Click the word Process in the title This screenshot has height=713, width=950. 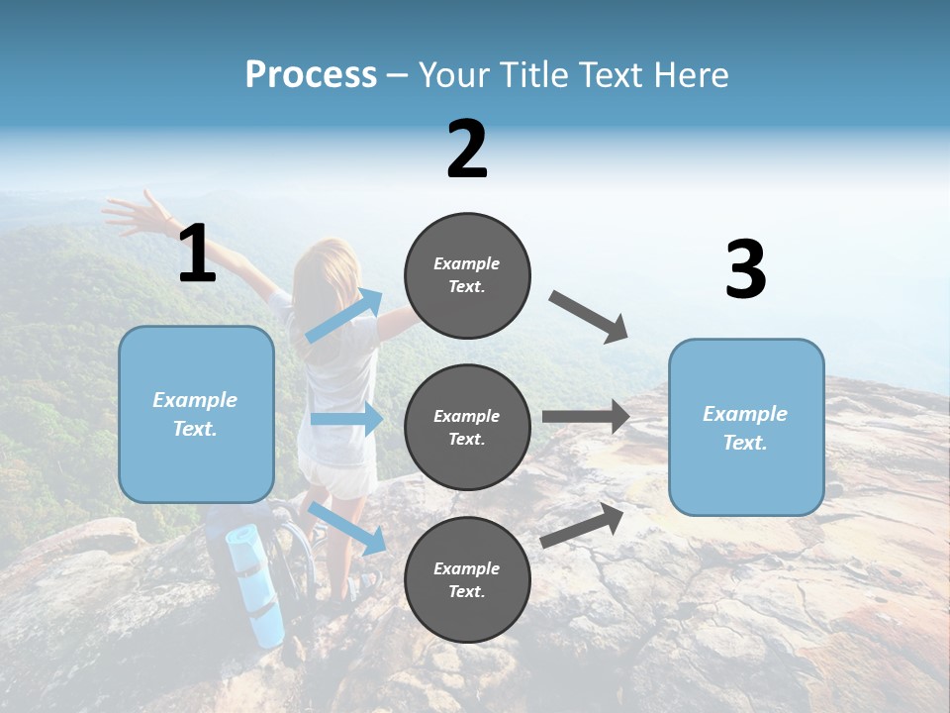pyautogui.click(x=311, y=74)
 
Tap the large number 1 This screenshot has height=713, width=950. pyautogui.click(x=197, y=255)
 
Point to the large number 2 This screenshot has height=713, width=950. pyautogui.click(x=467, y=150)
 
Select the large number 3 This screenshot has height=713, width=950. pyautogui.click(x=745, y=270)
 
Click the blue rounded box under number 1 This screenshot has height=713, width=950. pyautogui.click(x=196, y=414)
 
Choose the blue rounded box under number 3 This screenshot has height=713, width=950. pyautogui.click(x=746, y=427)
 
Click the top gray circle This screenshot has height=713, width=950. pyautogui.click(x=467, y=275)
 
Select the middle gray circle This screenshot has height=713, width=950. pyautogui.click(x=467, y=427)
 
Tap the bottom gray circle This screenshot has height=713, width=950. pyautogui.click(x=467, y=579)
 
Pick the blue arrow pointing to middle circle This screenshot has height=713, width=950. pyautogui.click(x=347, y=419)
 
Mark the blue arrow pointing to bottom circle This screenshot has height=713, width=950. pyautogui.click(x=347, y=528)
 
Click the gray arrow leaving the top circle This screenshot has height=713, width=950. pyautogui.click(x=589, y=316)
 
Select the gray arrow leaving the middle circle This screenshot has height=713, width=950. pyautogui.click(x=586, y=417)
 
